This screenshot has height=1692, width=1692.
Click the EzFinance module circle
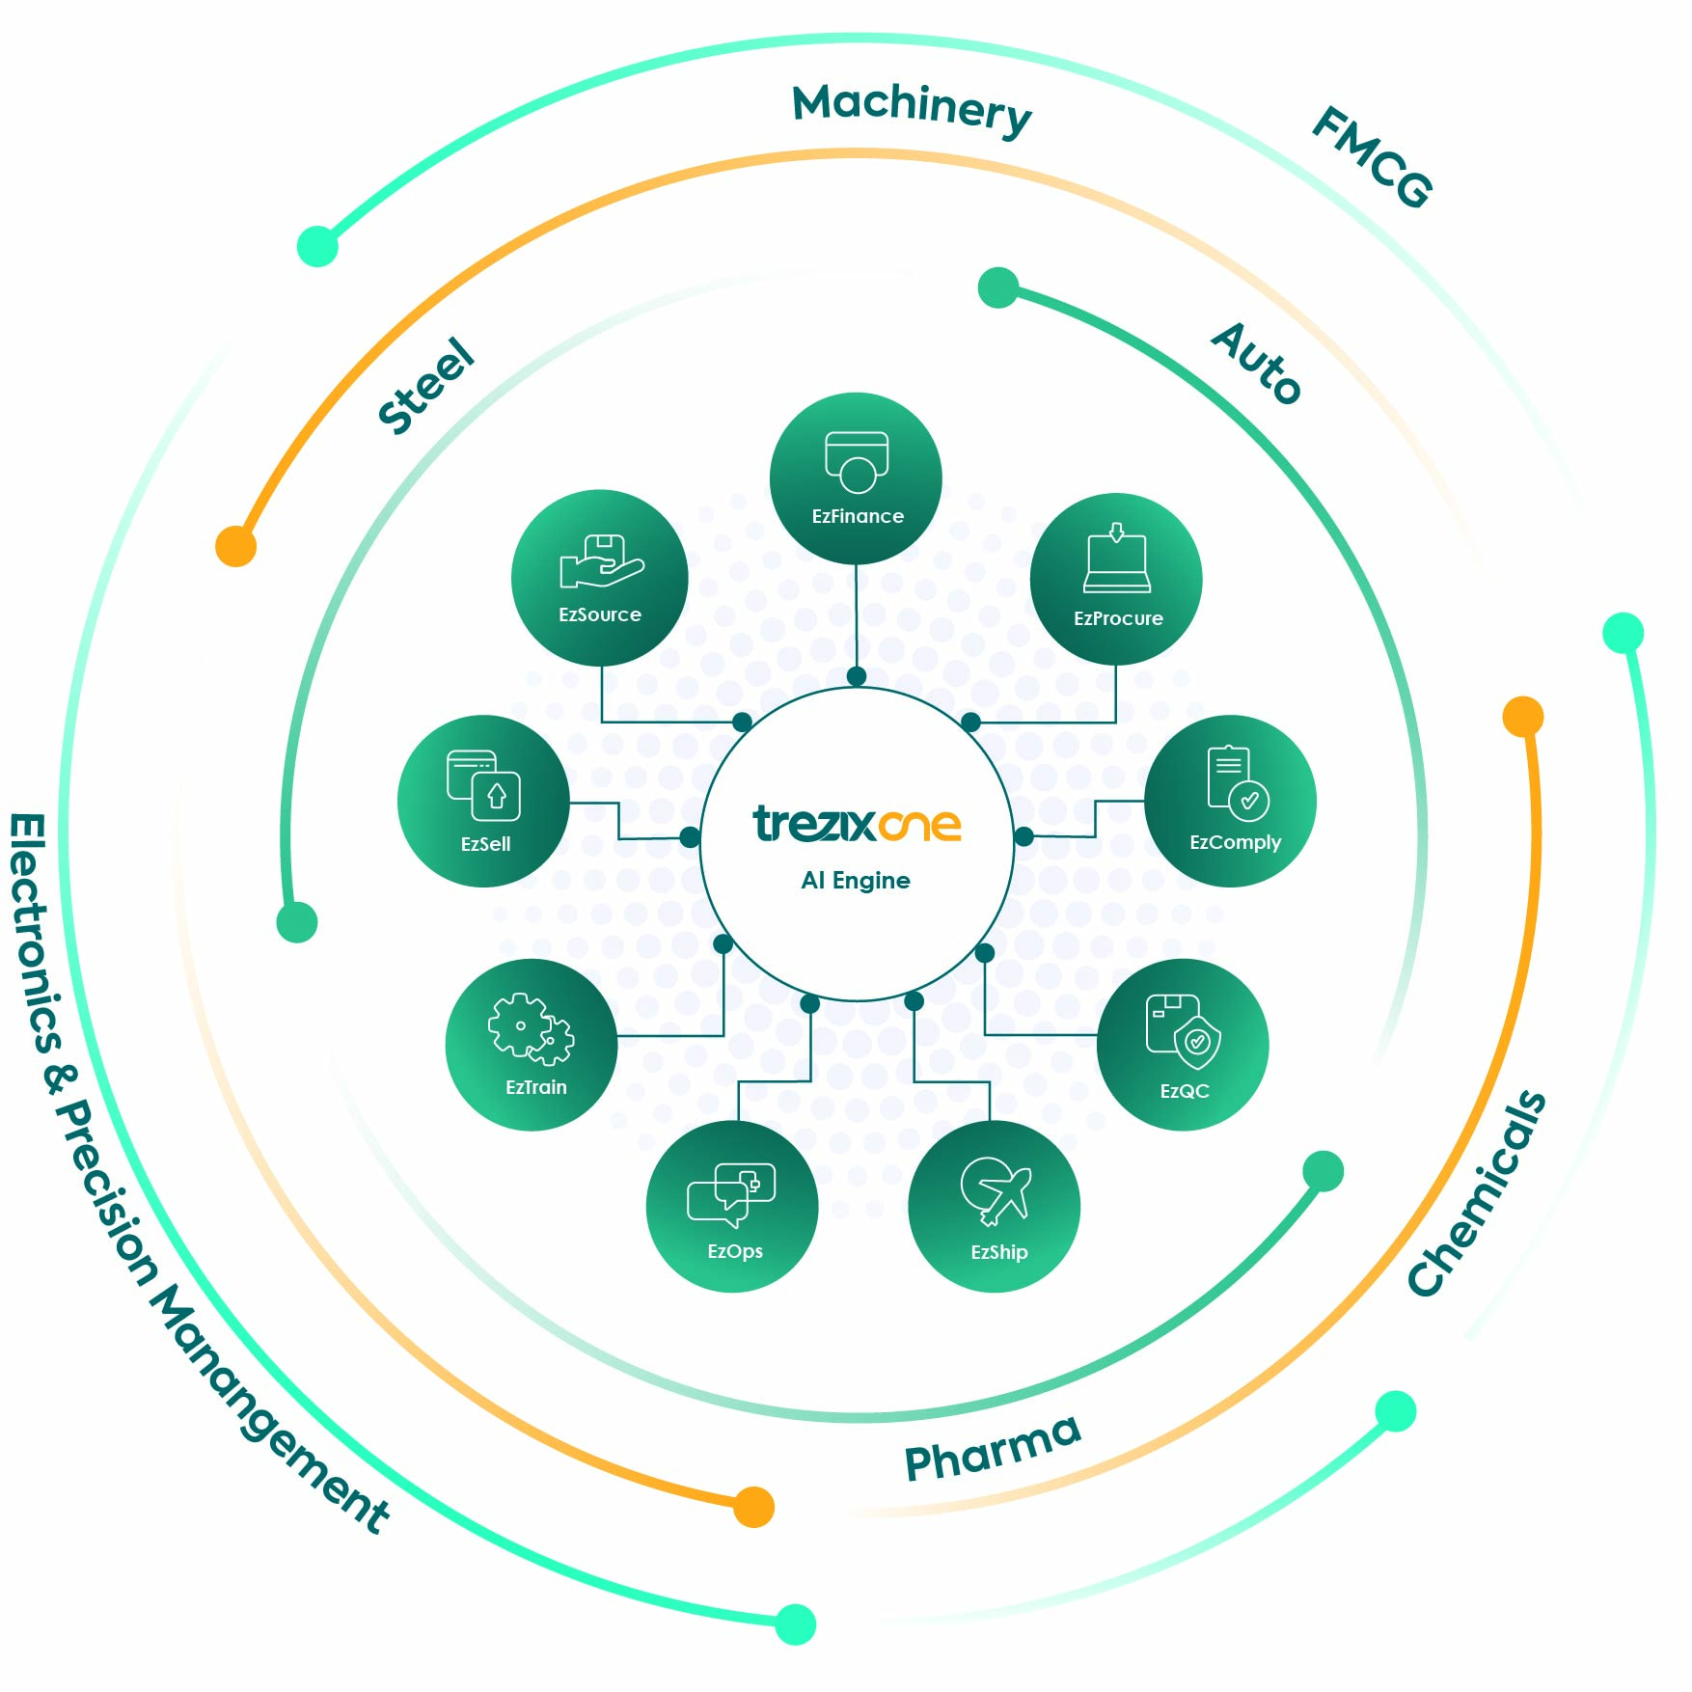(856, 478)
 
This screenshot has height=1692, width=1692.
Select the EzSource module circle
(599, 577)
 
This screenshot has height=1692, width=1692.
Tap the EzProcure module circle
(1116, 579)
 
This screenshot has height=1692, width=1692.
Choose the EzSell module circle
(483, 801)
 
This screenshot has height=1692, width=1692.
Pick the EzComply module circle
(1230, 801)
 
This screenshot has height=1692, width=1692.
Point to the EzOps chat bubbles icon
(731, 1193)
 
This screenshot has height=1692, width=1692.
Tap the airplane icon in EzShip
(996, 1191)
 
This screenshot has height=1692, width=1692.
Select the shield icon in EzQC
(1196, 1042)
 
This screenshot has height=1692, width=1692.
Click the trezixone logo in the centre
(857, 824)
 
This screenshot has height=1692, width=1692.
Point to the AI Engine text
(856, 880)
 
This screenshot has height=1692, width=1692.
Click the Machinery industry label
(912, 109)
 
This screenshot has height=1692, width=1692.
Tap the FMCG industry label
(1372, 156)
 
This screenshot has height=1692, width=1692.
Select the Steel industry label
(425, 386)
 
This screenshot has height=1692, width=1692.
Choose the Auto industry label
(1256, 364)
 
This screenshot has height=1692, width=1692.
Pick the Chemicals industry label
(1476, 1193)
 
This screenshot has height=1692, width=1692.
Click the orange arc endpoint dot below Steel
(235, 546)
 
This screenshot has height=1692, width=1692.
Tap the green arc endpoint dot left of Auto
(998, 287)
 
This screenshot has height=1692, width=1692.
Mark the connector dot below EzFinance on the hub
(857, 676)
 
